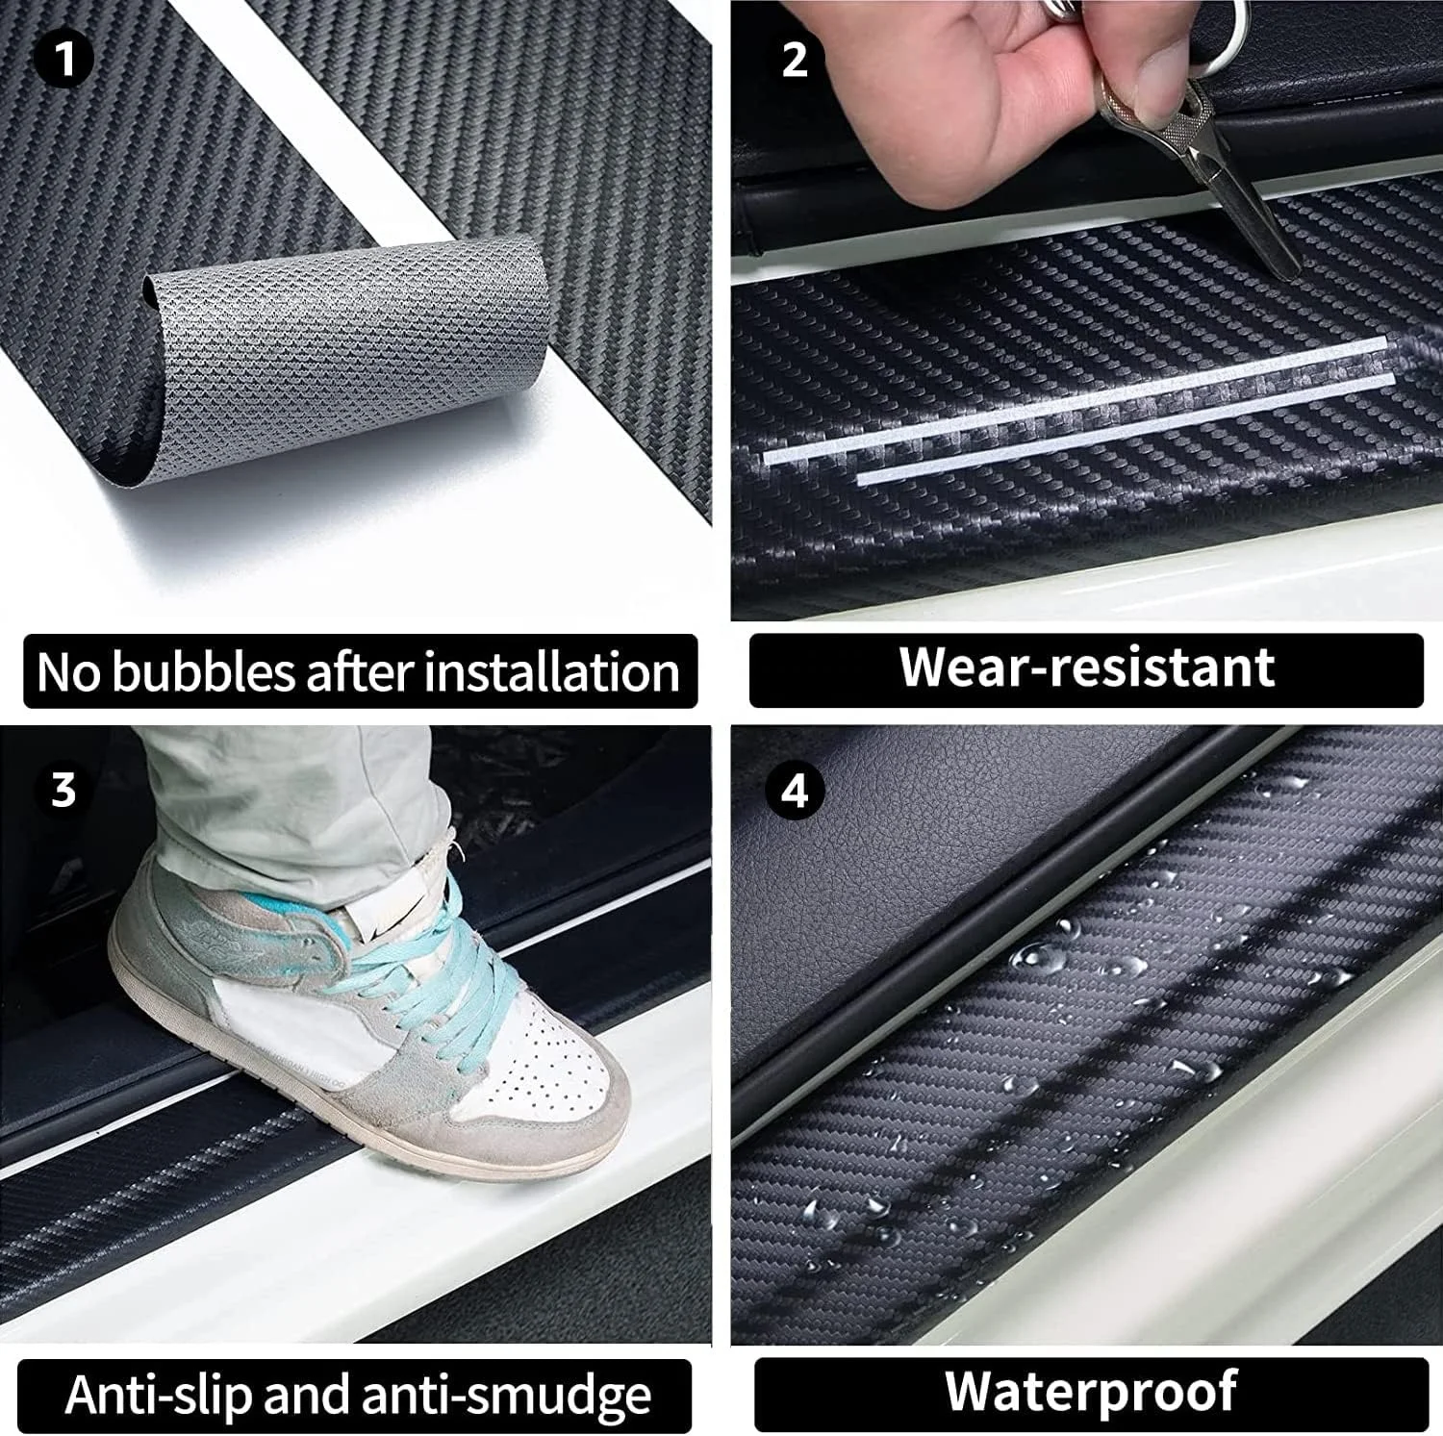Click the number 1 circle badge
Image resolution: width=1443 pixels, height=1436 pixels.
coord(63,59)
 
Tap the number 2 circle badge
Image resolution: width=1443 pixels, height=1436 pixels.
coord(795,59)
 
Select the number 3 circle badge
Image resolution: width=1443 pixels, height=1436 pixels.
coord(63,790)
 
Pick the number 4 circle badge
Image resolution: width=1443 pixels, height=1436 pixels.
coord(795,791)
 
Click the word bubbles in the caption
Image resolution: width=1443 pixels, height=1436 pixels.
coord(203,672)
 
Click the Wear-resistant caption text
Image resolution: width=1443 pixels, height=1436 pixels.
coord(1086,668)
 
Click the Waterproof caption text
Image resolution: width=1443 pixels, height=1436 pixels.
coord(1090,1391)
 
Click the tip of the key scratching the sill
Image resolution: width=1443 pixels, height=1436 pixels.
coord(1289,273)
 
